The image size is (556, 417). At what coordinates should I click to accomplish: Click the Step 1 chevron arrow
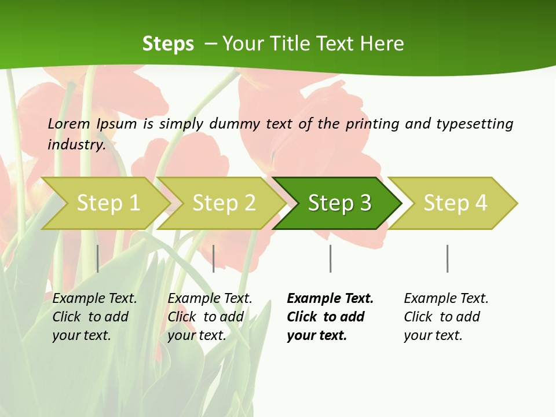[x=108, y=203]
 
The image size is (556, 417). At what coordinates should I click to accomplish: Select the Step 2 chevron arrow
[x=224, y=203]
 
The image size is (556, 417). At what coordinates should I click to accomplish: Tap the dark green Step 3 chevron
[x=339, y=203]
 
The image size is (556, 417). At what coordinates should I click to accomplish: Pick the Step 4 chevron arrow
[x=455, y=203]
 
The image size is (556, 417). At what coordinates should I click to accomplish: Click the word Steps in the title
[x=168, y=43]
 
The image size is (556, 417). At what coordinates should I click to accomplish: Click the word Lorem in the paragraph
[x=68, y=123]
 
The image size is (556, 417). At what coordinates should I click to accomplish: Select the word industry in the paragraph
[x=76, y=144]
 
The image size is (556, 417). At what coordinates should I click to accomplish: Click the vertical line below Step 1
[x=97, y=258]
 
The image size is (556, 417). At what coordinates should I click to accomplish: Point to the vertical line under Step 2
[x=214, y=258]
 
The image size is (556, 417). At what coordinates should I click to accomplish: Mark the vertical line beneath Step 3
[x=330, y=258]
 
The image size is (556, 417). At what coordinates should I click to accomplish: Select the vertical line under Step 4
[x=447, y=258]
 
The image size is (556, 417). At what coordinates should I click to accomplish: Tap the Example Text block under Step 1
[x=94, y=317]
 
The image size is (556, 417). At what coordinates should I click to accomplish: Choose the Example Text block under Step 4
[x=446, y=317]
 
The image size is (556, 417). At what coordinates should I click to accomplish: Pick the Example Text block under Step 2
[x=210, y=317]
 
